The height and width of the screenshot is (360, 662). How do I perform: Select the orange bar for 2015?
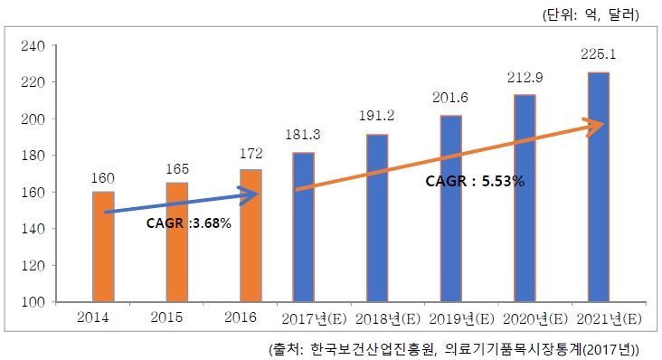tap(177, 242)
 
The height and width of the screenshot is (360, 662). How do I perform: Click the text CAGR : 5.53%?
tap(475, 182)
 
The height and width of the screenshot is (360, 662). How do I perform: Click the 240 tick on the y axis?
tap(31, 45)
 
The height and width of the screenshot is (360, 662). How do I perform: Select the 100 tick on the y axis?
tap(31, 302)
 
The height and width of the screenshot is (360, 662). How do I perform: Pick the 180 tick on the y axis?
tap(31, 156)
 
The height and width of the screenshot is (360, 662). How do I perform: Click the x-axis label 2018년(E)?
tap(377, 319)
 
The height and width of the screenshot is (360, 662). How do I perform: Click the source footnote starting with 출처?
tap(454, 348)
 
